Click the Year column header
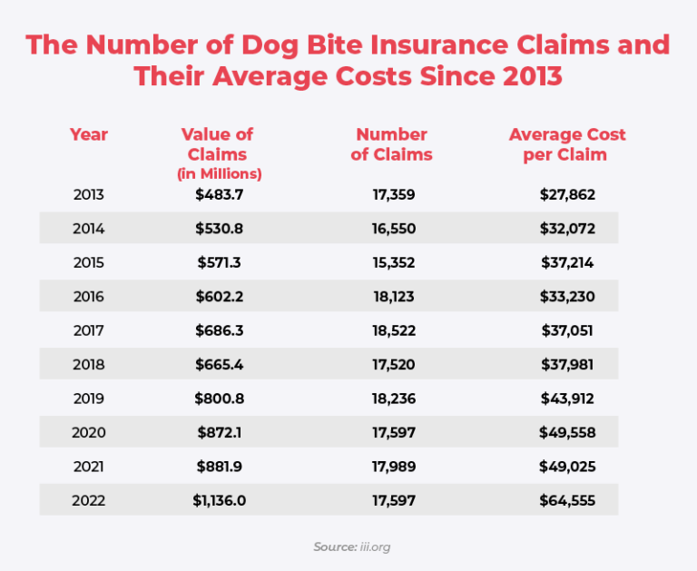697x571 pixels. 88,134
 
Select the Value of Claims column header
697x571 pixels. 219,144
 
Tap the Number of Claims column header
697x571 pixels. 391,144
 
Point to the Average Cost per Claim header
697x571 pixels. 566,144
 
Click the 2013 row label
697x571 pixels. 88,194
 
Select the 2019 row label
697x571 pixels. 88,399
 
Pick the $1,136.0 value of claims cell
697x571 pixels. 219,500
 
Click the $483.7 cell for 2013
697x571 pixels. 219,194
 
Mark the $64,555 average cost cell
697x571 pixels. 566,500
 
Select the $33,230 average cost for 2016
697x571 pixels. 566,297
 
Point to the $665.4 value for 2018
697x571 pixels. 219,365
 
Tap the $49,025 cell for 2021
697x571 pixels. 566,467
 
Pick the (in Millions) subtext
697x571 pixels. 219,173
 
